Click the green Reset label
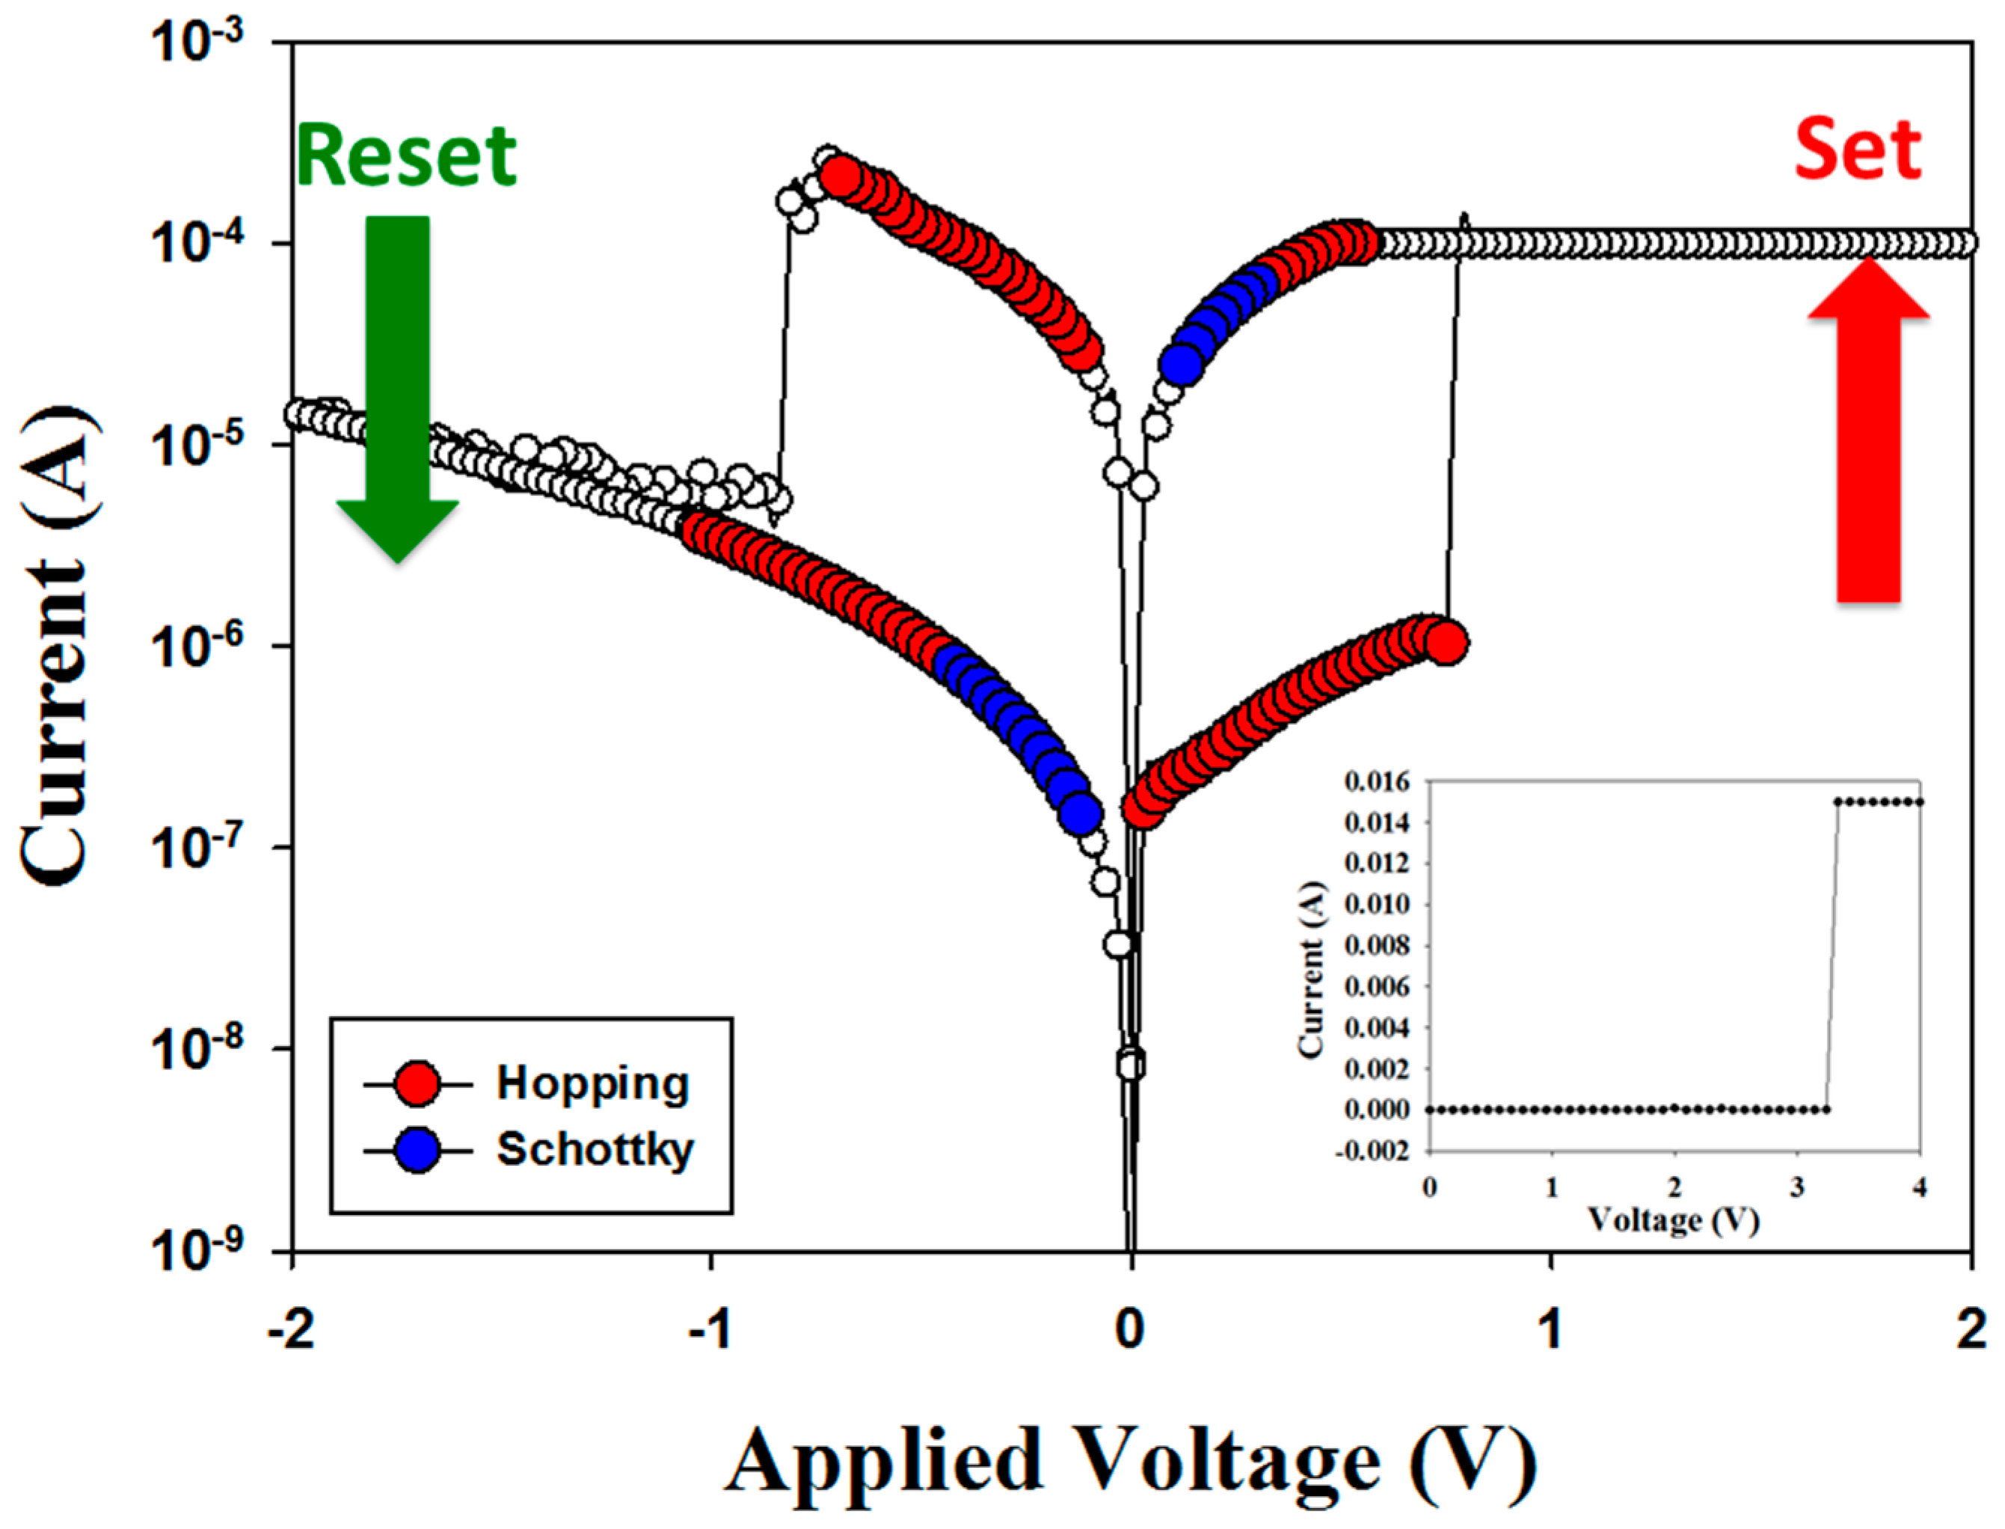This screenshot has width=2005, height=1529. (406, 156)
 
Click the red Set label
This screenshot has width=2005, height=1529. (1858, 150)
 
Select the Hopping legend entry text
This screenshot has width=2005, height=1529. (592, 1083)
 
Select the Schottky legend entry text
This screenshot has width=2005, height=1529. (595, 1149)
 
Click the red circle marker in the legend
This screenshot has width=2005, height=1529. (419, 1084)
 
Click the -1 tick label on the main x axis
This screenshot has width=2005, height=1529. (710, 1331)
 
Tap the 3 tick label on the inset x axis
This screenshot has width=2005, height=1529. (1798, 1189)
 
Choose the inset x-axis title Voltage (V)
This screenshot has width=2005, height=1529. (1674, 1219)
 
